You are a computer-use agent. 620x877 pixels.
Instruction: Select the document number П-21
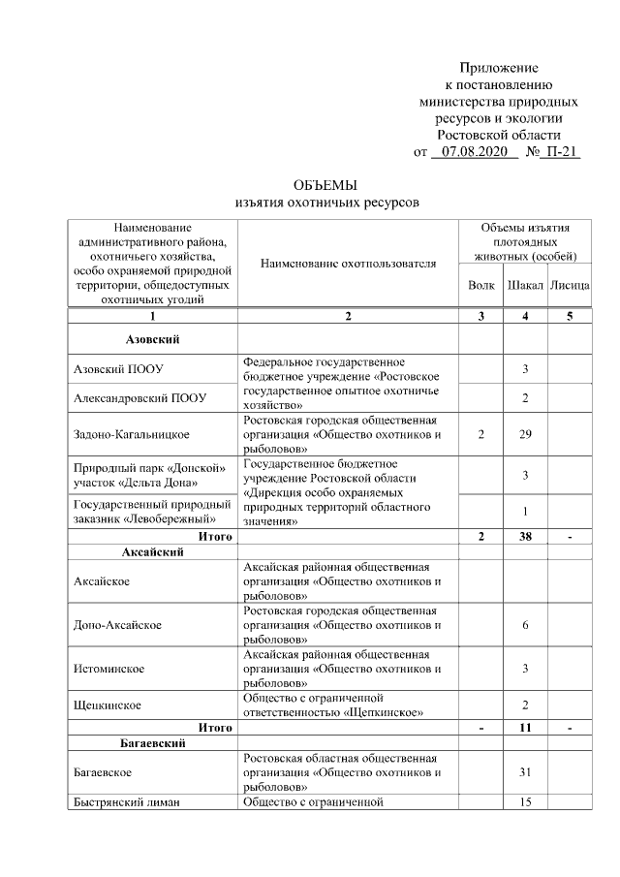561,152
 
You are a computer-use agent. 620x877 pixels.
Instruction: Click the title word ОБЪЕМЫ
326,185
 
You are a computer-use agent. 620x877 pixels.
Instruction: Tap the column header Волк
480,287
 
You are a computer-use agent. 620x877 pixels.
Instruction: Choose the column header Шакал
524,287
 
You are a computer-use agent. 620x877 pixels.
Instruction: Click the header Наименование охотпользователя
348,263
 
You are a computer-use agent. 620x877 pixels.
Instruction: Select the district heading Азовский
153,339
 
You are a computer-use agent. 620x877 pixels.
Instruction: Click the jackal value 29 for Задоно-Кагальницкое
525,434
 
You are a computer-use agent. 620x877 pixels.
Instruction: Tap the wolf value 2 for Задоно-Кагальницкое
480,434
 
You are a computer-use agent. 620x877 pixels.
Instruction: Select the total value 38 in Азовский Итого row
525,536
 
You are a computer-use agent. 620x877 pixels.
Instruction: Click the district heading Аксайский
153,551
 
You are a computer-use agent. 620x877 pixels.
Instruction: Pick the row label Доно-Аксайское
117,626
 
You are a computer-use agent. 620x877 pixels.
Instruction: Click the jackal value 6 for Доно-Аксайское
525,626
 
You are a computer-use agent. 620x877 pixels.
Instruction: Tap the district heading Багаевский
153,743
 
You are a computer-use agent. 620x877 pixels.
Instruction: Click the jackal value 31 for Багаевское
525,772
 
